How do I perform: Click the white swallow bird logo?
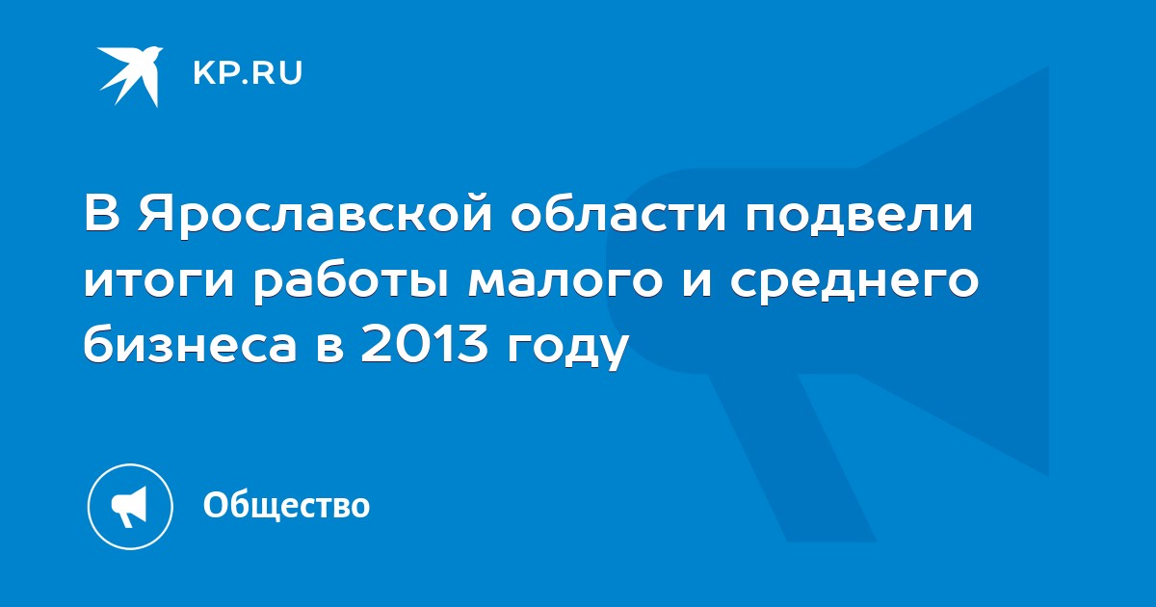130,76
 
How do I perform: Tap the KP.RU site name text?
248,73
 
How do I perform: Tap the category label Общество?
286,505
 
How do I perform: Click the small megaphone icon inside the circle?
129,507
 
